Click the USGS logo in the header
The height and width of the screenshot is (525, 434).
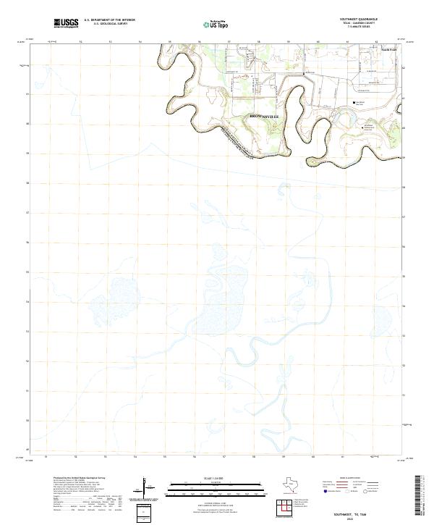[x=67, y=23]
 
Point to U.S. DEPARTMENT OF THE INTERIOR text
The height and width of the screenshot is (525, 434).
[x=109, y=20]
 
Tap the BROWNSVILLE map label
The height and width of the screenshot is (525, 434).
[x=263, y=116]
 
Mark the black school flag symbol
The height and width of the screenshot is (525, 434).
[x=354, y=103]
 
